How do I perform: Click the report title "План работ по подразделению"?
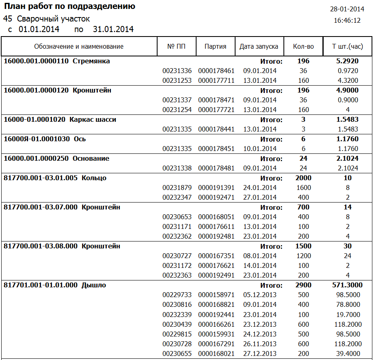pos(69,6)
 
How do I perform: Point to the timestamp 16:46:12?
pos(347,20)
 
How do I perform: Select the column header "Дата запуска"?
pos(259,46)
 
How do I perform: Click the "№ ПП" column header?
pos(176,46)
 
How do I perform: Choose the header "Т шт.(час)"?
pos(347,46)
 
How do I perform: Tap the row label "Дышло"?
pos(93,285)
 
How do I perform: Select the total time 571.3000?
pos(347,285)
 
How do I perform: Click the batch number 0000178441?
pos(216,129)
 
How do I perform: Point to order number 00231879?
pos(177,188)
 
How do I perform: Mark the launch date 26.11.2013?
pos(260,344)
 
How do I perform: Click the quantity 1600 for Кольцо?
pos(303,188)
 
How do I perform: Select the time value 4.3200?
pos(347,81)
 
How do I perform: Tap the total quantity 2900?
pos(303,285)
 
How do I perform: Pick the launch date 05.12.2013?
pos(260,295)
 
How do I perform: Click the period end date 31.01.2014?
pos(113,29)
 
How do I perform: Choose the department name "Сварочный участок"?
pos(54,19)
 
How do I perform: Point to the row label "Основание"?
pos(91,159)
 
